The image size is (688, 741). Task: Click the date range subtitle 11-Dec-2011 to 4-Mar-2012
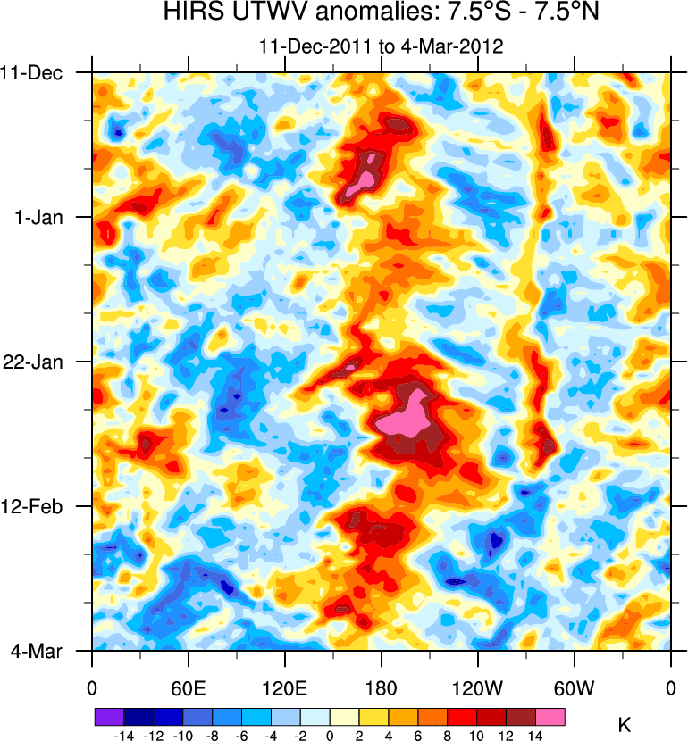(x=381, y=46)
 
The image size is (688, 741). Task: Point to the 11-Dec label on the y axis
(x=38, y=72)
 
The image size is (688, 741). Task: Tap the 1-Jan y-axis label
(x=42, y=217)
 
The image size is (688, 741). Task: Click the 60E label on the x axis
(x=189, y=687)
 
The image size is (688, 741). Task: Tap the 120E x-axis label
(x=285, y=687)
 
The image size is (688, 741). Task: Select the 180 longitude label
(x=382, y=687)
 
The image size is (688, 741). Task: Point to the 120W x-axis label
(x=478, y=687)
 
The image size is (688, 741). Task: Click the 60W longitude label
(x=575, y=687)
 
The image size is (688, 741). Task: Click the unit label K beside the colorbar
(x=625, y=726)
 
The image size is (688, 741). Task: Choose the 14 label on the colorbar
(x=535, y=734)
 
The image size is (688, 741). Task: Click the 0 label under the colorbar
(x=330, y=734)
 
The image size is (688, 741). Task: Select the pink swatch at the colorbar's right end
(x=550, y=716)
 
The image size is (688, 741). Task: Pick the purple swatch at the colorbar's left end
(x=108, y=716)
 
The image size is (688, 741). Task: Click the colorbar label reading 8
(x=448, y=734)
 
